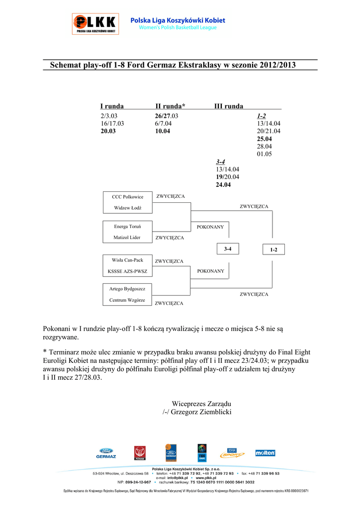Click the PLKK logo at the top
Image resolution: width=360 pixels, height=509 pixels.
point(95,23)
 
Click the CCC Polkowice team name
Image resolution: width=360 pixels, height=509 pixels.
point(127,197)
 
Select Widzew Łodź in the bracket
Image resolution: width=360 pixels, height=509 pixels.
point(127,208)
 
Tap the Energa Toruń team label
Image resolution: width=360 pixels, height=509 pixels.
point(127,227)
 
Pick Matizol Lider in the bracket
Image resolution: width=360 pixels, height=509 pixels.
point(127,238)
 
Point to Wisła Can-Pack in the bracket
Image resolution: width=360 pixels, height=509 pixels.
point(127,260)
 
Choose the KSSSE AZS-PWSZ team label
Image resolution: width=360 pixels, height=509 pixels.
point(127,272)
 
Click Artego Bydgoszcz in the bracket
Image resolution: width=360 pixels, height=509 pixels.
point(127,289)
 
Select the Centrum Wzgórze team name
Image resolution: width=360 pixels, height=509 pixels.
point(127,300)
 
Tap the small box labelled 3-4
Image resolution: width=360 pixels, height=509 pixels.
point(228,249)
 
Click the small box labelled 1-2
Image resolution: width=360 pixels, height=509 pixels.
point(273,250)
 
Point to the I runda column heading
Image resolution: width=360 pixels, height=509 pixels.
point(112,106)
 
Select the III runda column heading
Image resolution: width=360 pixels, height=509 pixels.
point(229,106)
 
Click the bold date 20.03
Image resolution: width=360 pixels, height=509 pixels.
point(108,131)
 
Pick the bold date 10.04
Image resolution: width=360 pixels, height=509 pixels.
point(162,131)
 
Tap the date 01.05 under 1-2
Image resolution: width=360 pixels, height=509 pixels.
point(264,154)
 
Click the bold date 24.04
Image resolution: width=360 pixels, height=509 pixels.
point(223,185)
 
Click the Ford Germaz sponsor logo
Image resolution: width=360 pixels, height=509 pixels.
point(106,453)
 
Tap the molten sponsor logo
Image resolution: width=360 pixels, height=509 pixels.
point(265,453)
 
